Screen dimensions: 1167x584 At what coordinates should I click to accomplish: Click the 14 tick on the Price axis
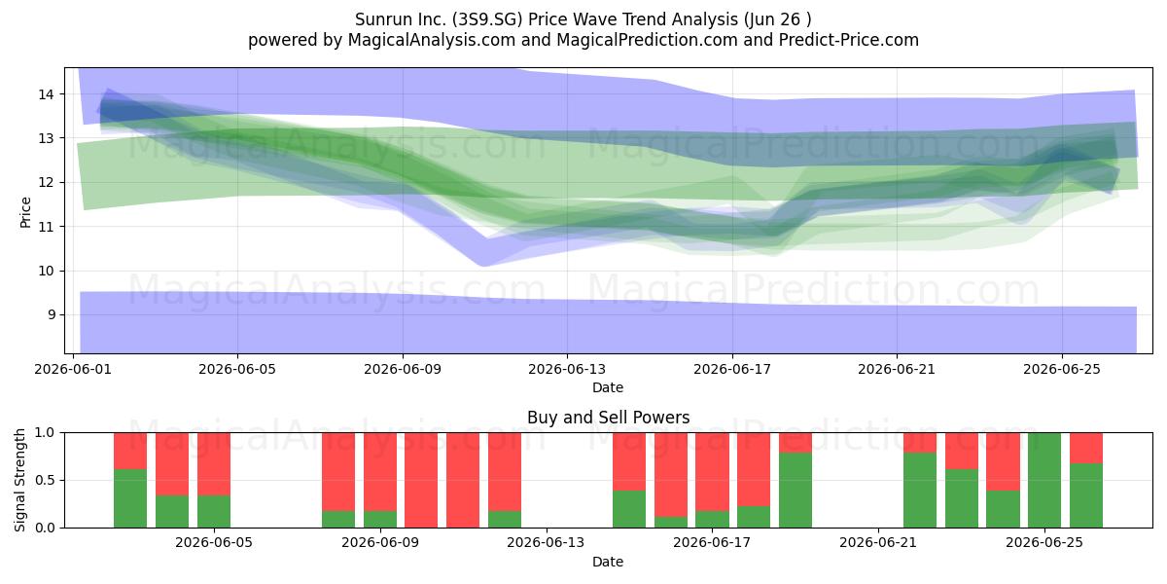46,94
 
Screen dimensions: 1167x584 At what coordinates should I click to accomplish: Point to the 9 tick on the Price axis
51,315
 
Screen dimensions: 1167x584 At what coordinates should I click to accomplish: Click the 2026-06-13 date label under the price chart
567,369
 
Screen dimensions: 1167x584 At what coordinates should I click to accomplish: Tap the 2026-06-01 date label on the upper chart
73,369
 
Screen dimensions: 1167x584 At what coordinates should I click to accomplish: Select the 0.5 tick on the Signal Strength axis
45,480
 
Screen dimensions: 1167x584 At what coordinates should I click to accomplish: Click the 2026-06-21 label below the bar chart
878,542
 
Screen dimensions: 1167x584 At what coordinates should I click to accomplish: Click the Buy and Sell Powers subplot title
608,418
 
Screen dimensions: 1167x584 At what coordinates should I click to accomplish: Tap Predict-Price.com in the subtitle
849,40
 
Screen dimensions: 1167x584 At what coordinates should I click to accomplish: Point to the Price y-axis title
25,213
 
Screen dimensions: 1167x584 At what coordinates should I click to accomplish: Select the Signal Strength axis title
19,480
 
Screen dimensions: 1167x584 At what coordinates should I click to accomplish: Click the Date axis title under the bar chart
608,562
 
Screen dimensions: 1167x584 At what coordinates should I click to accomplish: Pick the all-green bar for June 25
1044,480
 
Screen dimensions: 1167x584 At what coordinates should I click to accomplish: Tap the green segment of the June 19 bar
796,491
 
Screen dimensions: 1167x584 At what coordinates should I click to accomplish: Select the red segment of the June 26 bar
1085,448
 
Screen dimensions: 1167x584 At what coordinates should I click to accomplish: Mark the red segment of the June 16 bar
670,475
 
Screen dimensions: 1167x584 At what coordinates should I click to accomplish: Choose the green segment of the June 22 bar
920,491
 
